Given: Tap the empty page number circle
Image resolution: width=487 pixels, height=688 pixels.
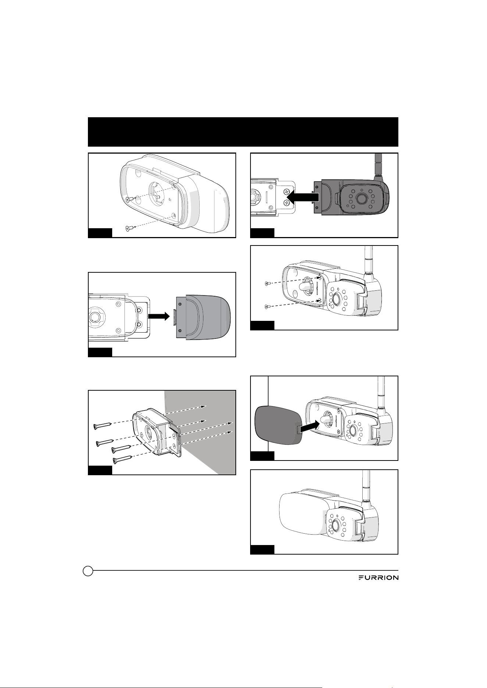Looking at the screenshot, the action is point(88,581).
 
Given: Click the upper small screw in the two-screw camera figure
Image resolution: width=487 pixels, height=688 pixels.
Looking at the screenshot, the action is point(267,283).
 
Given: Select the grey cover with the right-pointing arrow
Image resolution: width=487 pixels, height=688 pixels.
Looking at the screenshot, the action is point(204,317).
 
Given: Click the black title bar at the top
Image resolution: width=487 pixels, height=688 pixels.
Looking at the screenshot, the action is point(243,132).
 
